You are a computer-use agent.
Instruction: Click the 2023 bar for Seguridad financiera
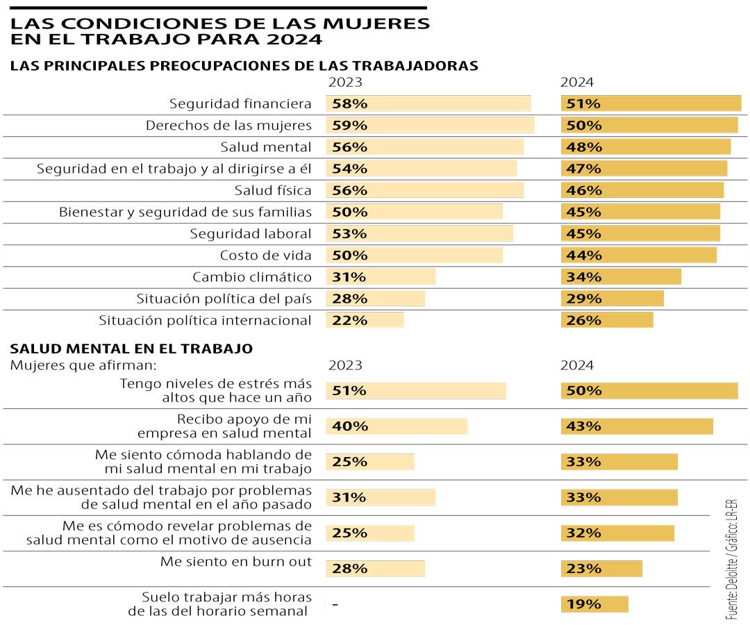tap(428, 103)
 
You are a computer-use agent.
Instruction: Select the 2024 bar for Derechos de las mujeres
tap(649, 125)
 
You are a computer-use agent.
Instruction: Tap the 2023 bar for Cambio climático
tap(381, 276)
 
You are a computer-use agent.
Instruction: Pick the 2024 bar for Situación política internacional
tap(607, 319)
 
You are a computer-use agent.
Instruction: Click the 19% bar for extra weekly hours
tap(594, 603)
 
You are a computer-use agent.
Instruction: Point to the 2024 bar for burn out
tap(601, 568)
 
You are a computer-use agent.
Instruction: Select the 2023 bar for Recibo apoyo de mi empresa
tap(397, 426)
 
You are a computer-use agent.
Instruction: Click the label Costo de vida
tap(265, 255)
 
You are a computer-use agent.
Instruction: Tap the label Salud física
tap(273, 190)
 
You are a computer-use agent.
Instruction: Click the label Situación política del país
tap(224, 298)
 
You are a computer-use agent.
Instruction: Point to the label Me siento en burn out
tap(236, 561)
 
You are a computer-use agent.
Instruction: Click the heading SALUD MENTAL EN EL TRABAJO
tap(131, 349)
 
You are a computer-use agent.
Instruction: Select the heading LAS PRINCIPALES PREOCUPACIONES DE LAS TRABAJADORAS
tap(244, 66)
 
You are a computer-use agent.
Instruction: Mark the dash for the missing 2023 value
tap(335, 604)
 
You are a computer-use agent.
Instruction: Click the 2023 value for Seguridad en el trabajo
tap(349, 168)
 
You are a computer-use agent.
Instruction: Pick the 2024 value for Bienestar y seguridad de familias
tap(584, 212)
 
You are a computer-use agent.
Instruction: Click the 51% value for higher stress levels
tap(349, 390)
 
